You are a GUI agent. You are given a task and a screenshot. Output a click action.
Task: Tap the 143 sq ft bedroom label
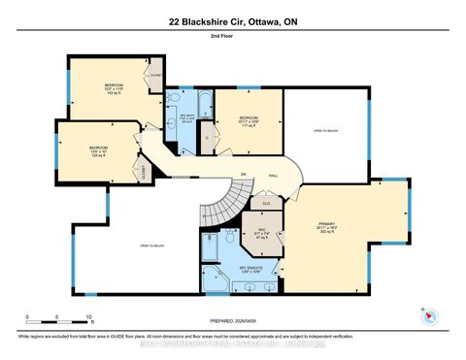click(x=114, y=88)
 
